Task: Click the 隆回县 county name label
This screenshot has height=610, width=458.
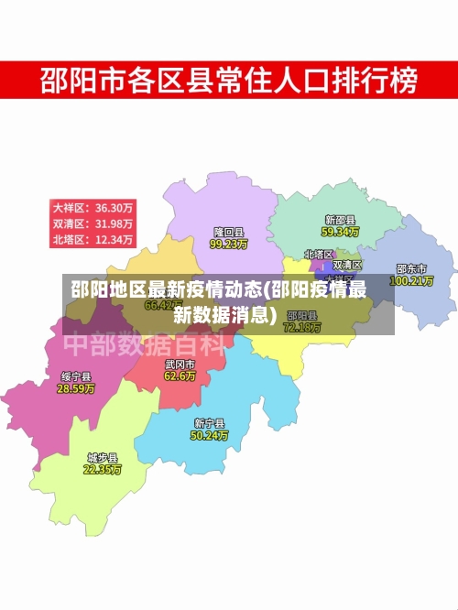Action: tap(229, 233)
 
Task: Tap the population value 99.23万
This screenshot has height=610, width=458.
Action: tap(229, 245)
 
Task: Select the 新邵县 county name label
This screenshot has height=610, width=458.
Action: tap(339, 221)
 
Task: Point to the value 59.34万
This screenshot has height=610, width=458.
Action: tap(340, 233)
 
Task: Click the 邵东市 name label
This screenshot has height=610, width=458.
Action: tap(411, 269)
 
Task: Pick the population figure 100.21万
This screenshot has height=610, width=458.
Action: tap(411, 281)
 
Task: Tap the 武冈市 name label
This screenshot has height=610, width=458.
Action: tap(180, 364)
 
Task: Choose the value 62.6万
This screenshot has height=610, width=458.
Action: tap(180, 376)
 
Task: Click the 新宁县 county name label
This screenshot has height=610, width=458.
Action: tap(209, 423)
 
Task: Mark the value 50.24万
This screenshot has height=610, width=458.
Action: tap(209, 436)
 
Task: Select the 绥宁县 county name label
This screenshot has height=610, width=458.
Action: tap(76, 376)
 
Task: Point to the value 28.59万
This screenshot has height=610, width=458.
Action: tap(76, 388)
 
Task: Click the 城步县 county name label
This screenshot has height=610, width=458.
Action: tap(103, 456)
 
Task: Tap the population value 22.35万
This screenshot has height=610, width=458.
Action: tap(103, 469)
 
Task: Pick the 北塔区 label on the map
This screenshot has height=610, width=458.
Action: tap(319, 255)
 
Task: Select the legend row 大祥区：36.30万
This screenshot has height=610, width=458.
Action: tap(93, 207)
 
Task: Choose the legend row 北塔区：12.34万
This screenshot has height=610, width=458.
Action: tap(93, 240)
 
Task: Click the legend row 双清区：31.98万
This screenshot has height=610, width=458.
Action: tap(93, 223)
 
